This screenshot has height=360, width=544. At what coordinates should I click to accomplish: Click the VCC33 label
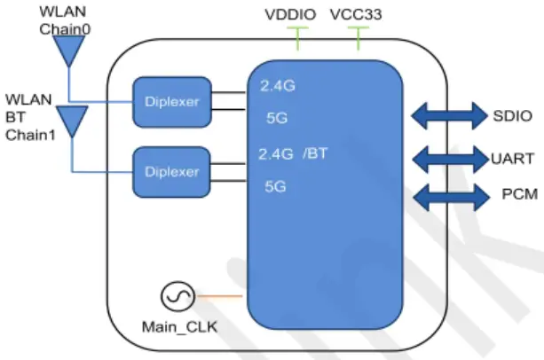pos(357,15)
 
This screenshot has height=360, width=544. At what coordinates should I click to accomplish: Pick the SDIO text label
pos(513,115)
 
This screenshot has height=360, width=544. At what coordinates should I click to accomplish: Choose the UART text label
pos(513,160)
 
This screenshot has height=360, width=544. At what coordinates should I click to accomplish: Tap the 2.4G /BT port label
pos(293,153)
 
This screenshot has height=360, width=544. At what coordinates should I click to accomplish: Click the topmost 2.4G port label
pos(277,87)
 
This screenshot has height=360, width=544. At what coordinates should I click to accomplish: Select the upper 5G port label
pos(276,116)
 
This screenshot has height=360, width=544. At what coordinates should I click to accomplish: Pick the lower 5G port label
pos(276,186)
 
